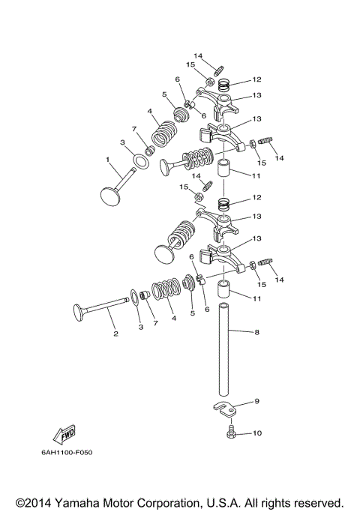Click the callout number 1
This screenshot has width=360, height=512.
click(107, 159)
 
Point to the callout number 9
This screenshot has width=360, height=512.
click(256, 402)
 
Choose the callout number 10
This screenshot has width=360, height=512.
click(258, 433)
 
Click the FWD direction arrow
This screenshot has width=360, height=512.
click(66, 434)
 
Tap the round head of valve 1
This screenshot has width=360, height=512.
click(112, 196)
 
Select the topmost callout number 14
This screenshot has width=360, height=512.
click(198, 56)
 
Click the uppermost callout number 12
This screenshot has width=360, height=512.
click(256, 79)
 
